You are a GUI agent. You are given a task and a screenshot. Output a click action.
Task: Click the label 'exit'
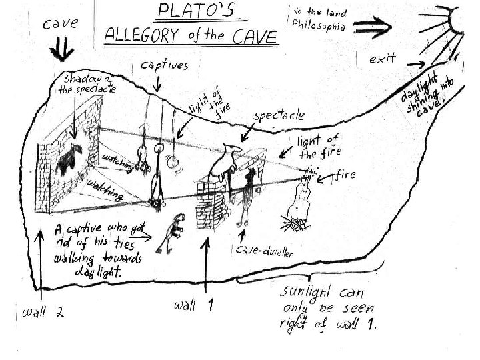click(x=383, y=59)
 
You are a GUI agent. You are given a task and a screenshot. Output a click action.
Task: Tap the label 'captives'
click(x=164, y=65)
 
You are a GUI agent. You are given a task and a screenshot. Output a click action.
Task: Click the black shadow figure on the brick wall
click(x=69, y=157)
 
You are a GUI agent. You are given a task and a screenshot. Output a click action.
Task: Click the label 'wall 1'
click(x=194, y=305)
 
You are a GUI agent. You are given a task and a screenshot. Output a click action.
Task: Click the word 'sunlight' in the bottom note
click(x=311, y=293)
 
